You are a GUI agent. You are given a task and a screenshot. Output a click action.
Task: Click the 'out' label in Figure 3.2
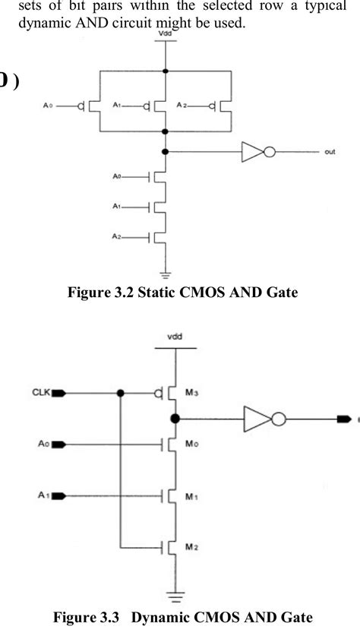click(330, 152)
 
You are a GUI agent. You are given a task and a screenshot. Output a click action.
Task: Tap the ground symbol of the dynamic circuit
click(176, 596)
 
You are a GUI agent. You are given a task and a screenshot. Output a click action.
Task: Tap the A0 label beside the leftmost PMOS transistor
click(47, 106)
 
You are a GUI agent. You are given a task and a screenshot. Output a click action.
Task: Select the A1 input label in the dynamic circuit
click(42, 495)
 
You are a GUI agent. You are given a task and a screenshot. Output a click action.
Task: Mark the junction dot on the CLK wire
click(121, 394)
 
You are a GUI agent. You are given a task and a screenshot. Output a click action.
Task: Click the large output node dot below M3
click(175, 419)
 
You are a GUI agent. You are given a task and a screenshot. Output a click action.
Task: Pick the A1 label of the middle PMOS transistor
click(117, 106)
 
